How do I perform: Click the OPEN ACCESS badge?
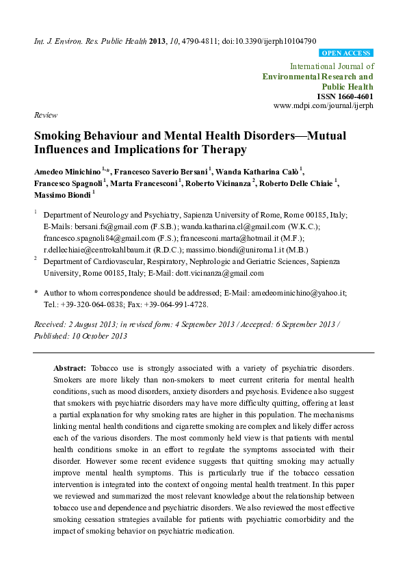click(x=346, y=53)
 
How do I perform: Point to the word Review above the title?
click(x=45, y=116)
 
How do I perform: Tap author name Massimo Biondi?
click(x=58, y=196)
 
